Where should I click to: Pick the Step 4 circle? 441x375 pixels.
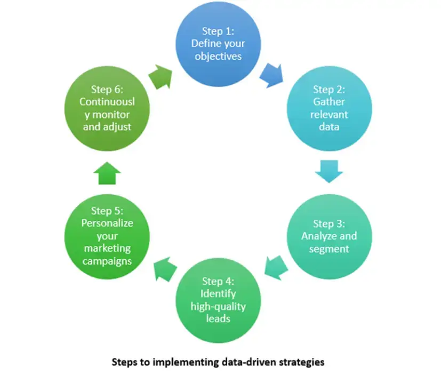pos(218,298)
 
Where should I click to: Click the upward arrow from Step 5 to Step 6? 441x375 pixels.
pos(107,172)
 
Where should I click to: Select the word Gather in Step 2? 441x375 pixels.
pos(330,101)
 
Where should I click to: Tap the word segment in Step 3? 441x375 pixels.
pos(329,249)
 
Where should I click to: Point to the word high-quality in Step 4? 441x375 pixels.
pos(218,306)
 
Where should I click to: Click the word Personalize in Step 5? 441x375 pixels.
pos(107,223)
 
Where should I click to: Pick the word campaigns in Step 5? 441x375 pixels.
pos(107,261)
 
